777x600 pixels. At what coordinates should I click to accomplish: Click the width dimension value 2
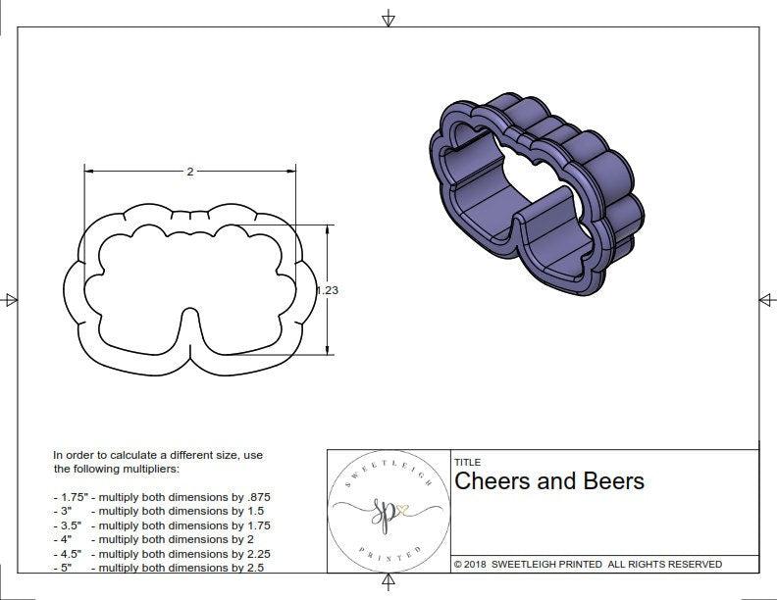[x=189, y=172]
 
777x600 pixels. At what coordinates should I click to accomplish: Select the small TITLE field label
[x=467, y=462]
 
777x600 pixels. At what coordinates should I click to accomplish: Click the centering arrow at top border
[x=388, y=19]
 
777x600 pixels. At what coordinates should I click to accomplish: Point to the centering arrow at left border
[x=11, y=300]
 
